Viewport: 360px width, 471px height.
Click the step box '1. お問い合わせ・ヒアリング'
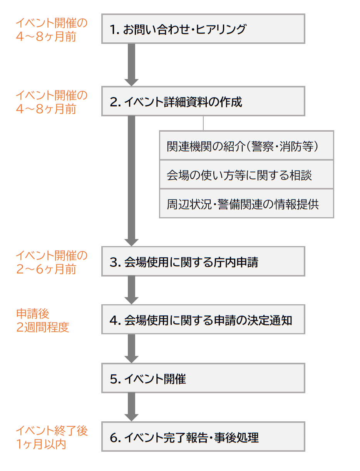tap(203, 29)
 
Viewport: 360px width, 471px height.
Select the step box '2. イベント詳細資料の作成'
tap(203, 101)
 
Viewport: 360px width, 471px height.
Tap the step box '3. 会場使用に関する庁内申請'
tap(203, 261)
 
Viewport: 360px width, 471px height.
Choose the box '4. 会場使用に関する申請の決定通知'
tap(203, 320)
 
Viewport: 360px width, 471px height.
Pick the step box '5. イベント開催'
tap(203, 378)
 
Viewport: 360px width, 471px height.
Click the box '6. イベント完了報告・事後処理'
tap(203, 437)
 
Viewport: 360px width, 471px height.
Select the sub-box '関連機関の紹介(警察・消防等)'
tap(246, 146)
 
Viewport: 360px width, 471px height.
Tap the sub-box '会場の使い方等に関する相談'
tap(246, 174)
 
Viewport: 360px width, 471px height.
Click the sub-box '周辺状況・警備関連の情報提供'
tap(246, 203)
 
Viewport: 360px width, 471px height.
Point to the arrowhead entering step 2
tap(131, 82)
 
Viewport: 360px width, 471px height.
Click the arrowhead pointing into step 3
tap(131, 242)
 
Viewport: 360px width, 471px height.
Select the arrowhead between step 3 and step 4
tap(131, 300)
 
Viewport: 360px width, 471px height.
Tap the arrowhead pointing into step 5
tap(131, 359)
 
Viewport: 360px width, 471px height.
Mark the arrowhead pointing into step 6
tap(131, 417)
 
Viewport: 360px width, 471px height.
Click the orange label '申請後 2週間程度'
tap(42, 320)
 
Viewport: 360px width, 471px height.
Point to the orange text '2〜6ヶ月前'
tap(46, 269)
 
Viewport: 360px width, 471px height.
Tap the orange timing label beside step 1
tap(51, 30)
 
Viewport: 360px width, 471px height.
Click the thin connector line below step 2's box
tap(203, 123)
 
